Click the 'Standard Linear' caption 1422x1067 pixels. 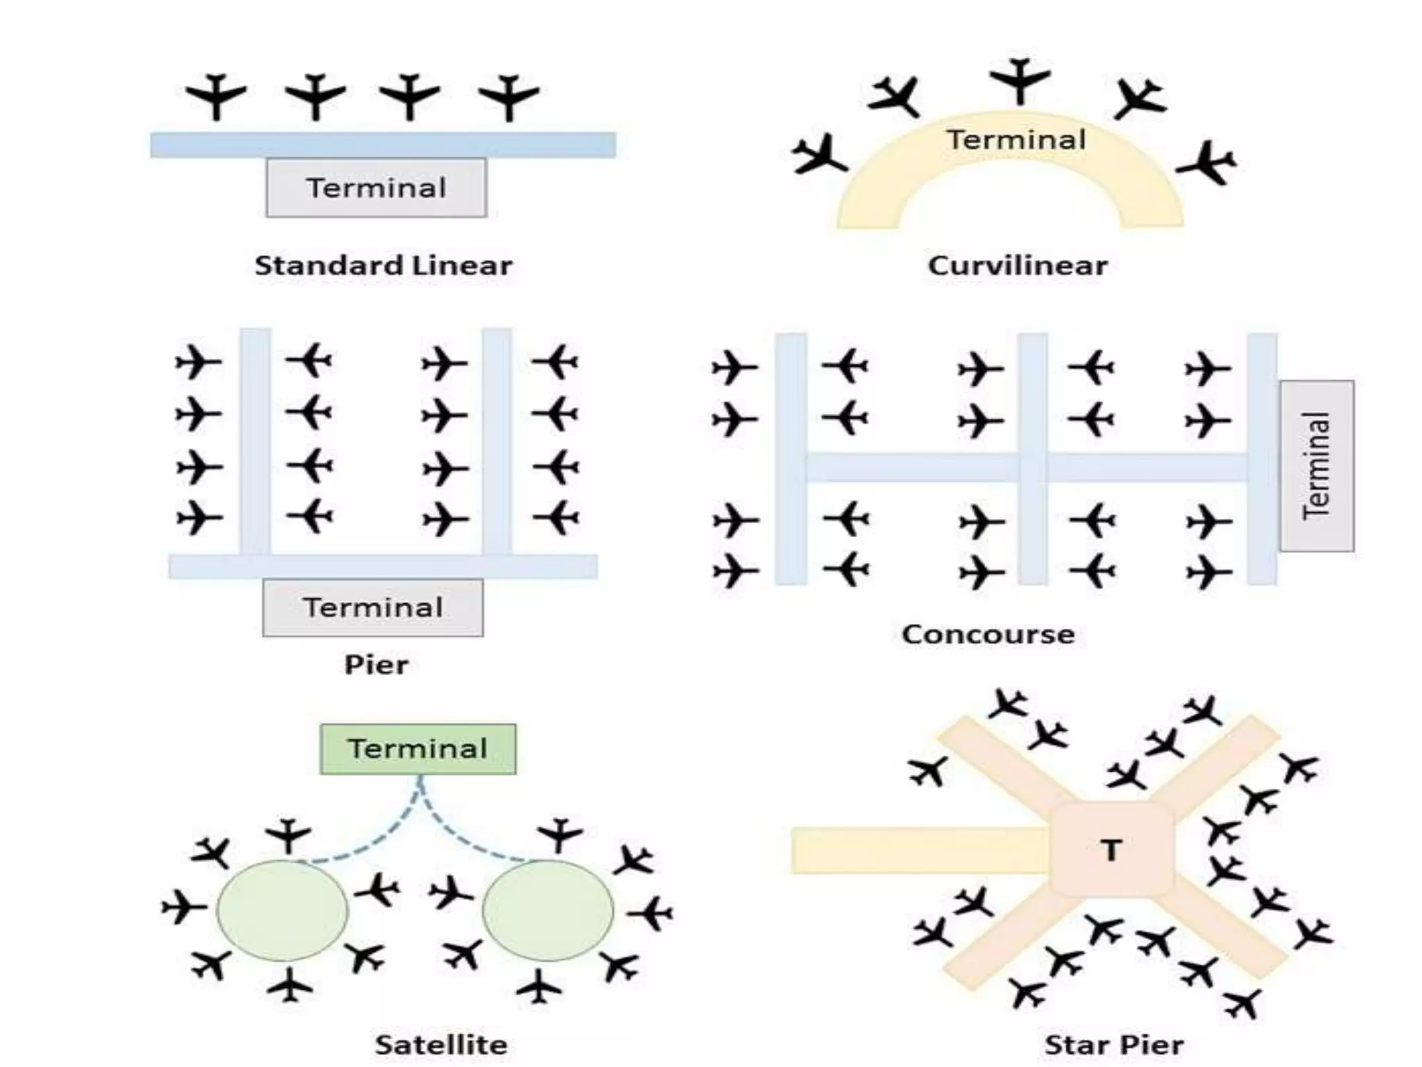383,265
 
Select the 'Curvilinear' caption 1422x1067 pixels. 1018,265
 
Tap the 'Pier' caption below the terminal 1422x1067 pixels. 376,665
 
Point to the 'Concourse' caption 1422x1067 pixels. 988,634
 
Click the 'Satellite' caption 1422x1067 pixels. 441,1044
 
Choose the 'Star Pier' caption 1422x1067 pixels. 1114,1044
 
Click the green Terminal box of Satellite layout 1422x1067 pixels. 417,749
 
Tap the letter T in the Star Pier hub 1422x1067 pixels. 1112,850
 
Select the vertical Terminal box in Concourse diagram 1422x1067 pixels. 1316,465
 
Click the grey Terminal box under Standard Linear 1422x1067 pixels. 376,188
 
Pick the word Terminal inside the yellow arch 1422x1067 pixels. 1017,140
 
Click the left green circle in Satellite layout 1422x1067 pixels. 282,910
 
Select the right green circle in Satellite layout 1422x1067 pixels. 548,910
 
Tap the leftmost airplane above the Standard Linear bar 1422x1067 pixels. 216,95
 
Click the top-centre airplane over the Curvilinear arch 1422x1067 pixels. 1020,81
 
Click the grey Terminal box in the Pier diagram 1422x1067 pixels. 373,608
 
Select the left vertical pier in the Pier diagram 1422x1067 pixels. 255,441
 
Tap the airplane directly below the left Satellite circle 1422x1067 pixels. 290,985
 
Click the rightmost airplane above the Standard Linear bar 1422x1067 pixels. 509,96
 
